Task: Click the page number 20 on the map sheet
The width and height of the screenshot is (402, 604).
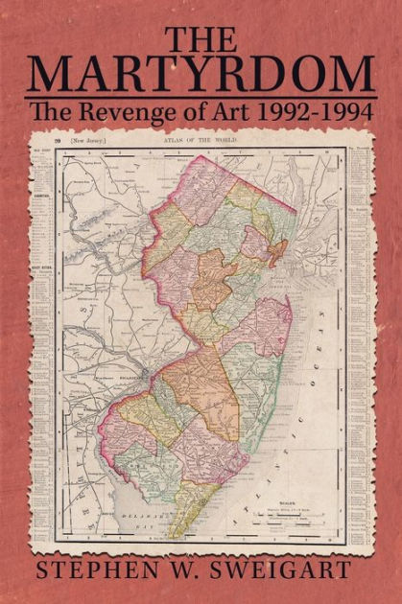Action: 59,141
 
